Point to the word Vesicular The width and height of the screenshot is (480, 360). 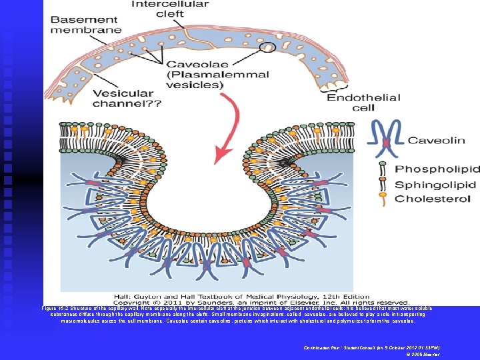[126, 94]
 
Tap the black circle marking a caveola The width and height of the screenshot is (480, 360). [268, 47]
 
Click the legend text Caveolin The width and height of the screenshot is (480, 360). [436, 141]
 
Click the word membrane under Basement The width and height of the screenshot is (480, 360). [87, 29]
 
